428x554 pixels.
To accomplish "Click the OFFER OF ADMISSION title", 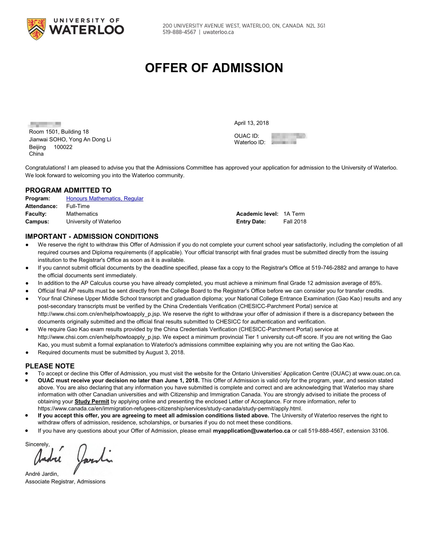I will (x=214, y=68).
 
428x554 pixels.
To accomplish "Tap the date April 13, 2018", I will (x=251, y=123).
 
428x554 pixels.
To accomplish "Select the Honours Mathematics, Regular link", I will (x=105, y=198).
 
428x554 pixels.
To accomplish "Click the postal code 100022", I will (x=63, y=147).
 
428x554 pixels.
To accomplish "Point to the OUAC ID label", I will (x=247, y=136).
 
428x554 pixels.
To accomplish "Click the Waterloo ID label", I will (x=250, y=142).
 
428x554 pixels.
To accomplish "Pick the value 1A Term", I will (x=294, y=214).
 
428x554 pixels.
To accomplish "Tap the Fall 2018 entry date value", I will (x=295, y=222).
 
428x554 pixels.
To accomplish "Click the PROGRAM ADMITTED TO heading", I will (x=68, y=190).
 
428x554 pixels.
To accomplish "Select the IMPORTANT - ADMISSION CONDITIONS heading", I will (x=92, y=236).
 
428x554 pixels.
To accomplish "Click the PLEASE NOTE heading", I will (x=50, y=366).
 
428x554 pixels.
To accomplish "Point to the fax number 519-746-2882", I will (x=329, y=268).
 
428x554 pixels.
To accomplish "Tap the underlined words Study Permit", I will (x=92, y=401).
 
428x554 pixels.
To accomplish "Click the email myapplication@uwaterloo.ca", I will (x=251, y=431).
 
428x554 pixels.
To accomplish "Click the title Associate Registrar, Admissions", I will (x=65, y=481).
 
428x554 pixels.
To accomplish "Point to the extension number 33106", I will (x=380, y=431).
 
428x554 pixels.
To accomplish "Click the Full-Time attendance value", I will (x=78, y=206).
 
